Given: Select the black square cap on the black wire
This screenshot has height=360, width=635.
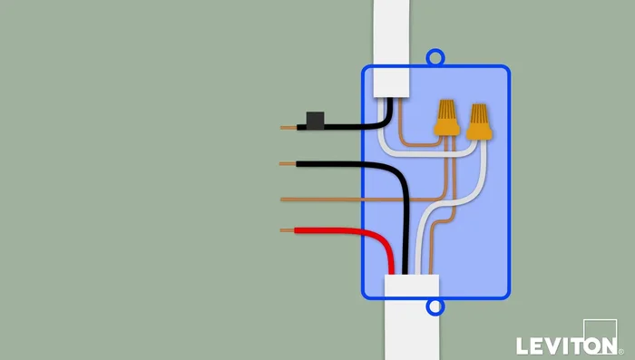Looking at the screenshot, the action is (x=316, y=121).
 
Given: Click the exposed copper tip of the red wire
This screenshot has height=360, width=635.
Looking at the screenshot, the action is (x=288, y=231).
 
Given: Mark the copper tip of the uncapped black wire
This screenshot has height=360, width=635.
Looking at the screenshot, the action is (x=288, y=164).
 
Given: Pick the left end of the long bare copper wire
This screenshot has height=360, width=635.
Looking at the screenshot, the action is (x=287, y=198).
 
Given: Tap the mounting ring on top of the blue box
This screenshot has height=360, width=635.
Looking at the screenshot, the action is (x=436, y=58).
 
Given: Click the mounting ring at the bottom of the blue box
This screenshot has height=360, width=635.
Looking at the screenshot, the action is (x=436, y=307).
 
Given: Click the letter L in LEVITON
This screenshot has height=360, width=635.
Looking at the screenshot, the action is (x=523, y=346).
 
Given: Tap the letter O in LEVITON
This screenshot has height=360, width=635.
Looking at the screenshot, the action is (x=589, y=346).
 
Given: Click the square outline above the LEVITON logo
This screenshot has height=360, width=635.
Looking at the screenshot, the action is (x=600, y=327).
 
